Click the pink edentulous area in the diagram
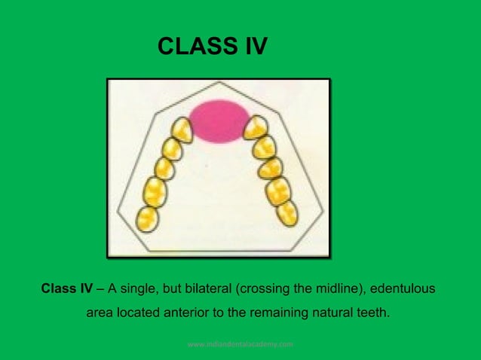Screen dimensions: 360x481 point(219,121)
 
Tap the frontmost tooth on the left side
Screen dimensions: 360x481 point(182,129)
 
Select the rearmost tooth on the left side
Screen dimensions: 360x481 point(147,218)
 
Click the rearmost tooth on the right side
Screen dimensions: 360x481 point(286,213)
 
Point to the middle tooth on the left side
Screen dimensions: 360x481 point(164,167)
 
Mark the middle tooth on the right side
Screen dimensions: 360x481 point(269,166)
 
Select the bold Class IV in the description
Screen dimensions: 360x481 point(67,288)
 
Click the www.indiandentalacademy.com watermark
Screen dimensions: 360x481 point(240,344)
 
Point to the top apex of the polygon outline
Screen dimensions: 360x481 point(219,81)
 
